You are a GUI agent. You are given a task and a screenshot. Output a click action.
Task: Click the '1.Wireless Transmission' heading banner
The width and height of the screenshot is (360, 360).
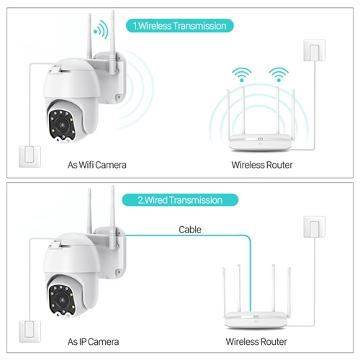click(180, 26)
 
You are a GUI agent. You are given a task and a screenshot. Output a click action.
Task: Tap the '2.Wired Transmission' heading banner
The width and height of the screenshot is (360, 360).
click(180, 200)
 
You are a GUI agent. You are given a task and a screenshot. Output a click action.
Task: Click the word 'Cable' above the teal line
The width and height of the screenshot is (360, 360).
click(190, 230)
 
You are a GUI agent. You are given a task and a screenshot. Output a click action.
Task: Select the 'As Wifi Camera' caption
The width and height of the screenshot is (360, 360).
click(96, 165)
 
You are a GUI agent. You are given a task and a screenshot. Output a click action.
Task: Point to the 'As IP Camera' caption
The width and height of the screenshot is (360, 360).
click(93, 342)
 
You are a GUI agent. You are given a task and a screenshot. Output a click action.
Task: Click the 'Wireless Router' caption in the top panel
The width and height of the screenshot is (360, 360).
click(262, 165)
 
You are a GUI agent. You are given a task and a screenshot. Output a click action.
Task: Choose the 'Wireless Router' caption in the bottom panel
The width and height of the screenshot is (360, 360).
click(256, 342)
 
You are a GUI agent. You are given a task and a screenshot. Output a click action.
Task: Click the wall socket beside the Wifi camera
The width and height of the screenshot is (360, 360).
click(30, 156)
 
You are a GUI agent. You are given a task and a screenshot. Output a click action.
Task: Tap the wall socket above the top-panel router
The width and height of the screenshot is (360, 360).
click(314, 50)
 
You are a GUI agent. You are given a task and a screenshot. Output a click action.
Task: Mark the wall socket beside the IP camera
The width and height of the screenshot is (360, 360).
click(30, 332)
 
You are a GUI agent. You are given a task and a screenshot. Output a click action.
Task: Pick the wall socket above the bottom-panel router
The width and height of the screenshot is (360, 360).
click(314, 227)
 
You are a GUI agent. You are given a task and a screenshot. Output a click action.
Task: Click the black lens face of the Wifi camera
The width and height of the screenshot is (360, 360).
click(62, 126)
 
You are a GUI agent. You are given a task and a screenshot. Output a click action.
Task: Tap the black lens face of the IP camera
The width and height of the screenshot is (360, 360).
click(62, 301)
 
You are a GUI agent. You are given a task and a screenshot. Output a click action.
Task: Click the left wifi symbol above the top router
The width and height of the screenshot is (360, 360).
click(241, 75)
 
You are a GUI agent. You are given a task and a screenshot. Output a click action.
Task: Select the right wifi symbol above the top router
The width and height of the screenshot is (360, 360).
click(279, 75)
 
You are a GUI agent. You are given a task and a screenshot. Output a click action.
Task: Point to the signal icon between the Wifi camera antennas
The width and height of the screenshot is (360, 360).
click(101, 30)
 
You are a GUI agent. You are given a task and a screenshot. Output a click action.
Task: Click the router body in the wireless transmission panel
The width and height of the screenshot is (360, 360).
click(260, 143)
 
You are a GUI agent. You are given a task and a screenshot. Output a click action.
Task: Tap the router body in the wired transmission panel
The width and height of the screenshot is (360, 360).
click(256, 320)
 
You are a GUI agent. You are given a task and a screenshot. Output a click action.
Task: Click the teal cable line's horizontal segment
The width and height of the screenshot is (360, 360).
click(186, 235)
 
